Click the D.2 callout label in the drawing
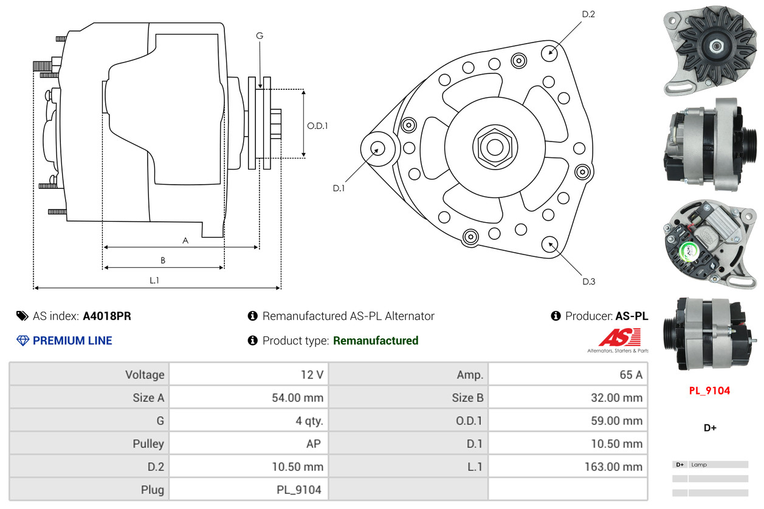tap(588, 15)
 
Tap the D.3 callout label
tap(588, 281)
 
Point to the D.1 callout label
tap(339, 188)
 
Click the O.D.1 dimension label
tap(317, 126)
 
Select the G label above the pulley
tap(260, 36)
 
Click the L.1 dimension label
tap(154, 280)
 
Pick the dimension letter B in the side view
tap(163, 261)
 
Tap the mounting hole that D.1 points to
tap(377, 148)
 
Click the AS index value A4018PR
tap(107, 316)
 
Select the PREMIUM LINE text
tap(72, 341)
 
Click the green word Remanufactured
tap(376, 341)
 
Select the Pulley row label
tap(148, 443)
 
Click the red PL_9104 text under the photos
tap(709, 391)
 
